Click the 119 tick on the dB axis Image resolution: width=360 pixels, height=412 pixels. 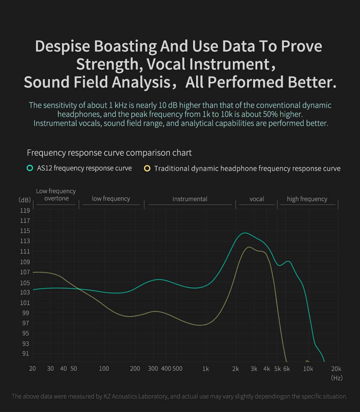coord(24,210)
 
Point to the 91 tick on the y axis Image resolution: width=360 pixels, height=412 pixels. coord(24,353)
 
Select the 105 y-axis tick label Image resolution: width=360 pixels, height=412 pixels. coord(24,282)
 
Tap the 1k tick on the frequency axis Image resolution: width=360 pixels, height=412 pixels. coord(205,368)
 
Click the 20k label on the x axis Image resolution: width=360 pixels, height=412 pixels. coord(336,368)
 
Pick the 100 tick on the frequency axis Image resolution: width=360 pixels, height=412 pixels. coord(104,368)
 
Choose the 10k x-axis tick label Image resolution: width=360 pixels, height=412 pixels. coord(308,368)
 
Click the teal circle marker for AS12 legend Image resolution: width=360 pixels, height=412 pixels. coord(30,168)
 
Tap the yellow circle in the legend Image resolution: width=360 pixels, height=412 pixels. coord(147,168)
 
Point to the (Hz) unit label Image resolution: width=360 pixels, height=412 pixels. coord(336,377)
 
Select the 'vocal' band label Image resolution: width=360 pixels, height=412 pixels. coord(257,199)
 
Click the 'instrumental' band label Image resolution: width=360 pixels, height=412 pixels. coord(190,199)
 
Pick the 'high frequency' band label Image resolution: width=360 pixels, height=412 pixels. coord(307,199)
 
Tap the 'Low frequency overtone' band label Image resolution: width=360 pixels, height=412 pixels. coord(56,195)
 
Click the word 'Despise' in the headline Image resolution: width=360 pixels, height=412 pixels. coord(62,46)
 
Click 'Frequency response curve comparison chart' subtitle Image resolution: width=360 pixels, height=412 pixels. coord(109,153)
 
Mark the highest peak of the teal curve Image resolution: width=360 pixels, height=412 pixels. coord(244,233)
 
